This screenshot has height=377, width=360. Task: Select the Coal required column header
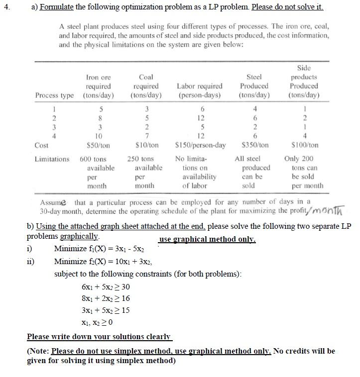point(146,86)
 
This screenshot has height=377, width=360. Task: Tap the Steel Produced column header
point(254,86)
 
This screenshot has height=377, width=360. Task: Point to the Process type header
point(54,95)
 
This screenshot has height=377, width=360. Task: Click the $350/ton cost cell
point(254,145)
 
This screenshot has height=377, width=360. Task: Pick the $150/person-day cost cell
point(200,145)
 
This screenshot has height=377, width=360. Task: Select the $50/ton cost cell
point(99,145)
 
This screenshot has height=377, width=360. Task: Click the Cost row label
point(42,145)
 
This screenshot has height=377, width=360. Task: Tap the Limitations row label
point(52,159)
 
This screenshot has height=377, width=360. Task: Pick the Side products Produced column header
point(304,82)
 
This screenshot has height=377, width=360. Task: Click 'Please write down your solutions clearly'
point(99,337)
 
